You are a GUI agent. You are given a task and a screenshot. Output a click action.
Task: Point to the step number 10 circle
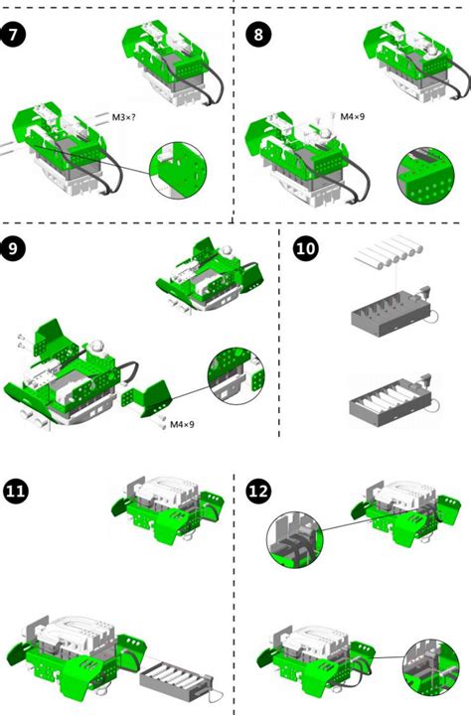pos(307,249)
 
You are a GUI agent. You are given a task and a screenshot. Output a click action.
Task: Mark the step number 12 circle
pos(258,490)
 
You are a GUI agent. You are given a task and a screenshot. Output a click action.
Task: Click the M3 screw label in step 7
pos(125,118)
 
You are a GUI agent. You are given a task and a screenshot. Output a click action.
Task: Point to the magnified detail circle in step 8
pos(424,176)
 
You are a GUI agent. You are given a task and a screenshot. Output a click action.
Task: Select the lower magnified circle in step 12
pos(430,674)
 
